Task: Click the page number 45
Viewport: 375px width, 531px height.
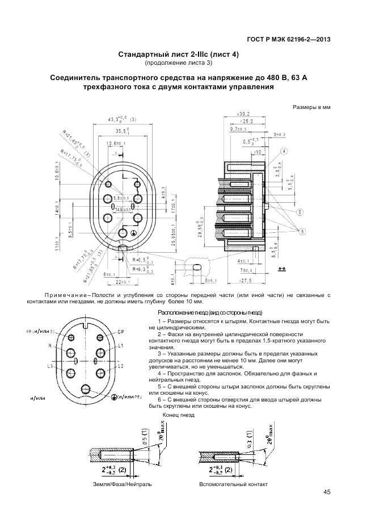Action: [x=327, y=492]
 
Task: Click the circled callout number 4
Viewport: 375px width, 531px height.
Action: [x=283, y=151]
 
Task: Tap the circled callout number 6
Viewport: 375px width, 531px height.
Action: [x=318, y=231]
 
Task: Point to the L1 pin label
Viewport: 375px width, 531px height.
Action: [x=121, y=345]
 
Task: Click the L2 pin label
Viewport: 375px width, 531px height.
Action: [x=121, y=366]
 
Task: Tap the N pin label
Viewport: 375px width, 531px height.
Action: [x=50, y=345]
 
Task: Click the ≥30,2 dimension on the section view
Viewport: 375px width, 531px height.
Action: [x=243, y=114]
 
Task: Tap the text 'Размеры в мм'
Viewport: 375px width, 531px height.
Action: [x=311, y=106]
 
